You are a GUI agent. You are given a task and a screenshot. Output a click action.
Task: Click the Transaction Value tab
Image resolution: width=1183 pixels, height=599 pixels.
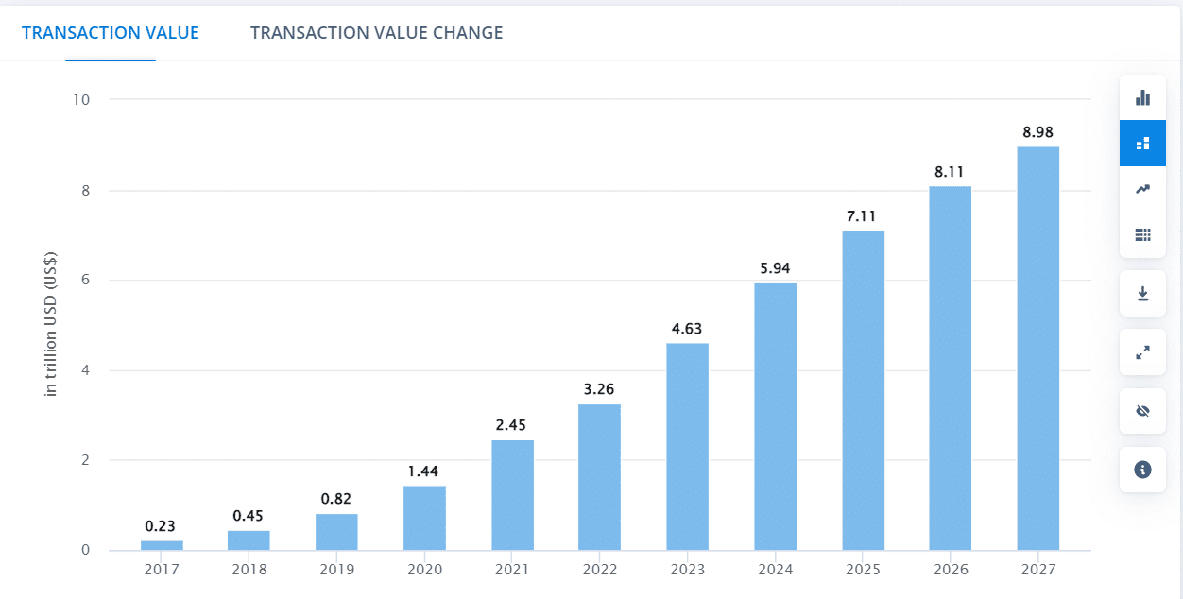pos(111,33)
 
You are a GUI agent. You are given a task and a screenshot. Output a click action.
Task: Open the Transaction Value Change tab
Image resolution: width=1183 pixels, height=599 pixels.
pos(377,33)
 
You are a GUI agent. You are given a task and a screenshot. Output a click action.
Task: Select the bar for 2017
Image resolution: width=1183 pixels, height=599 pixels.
pos(162,545)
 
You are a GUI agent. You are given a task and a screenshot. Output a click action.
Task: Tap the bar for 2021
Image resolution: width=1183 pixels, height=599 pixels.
pos(512,495)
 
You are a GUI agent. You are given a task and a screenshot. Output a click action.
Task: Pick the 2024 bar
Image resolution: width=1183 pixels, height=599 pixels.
pos(776,417)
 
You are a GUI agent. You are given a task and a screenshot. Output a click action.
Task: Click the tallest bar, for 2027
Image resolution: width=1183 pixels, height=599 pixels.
pos(1038,349)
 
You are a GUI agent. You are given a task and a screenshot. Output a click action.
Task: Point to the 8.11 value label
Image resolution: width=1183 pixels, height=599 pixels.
pos(949,172)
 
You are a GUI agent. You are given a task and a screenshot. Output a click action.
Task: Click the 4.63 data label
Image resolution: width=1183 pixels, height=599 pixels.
pos(687,329)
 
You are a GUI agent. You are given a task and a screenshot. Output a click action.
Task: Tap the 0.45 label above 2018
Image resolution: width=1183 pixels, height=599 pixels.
pos(248,516)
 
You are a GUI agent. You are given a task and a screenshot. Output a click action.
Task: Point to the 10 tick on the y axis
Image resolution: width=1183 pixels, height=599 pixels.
pos(81,100)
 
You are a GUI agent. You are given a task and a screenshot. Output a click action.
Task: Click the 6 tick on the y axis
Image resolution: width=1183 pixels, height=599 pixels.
pos(86,280)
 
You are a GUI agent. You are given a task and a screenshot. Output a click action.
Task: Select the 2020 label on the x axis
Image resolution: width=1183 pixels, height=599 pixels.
pos(424,570)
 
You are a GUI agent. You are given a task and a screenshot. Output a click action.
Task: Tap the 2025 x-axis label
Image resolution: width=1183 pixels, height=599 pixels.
pos(863,570)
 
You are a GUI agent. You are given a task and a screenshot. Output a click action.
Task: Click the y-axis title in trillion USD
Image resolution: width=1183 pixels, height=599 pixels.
pos(50,324)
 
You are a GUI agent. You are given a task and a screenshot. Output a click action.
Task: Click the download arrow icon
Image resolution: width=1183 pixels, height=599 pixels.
pos(1143,294)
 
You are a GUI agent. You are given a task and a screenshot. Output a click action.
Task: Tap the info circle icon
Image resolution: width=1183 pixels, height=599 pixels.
pos(1143,470)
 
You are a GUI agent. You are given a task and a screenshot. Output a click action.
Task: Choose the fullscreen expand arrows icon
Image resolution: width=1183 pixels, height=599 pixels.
pos(1143,352)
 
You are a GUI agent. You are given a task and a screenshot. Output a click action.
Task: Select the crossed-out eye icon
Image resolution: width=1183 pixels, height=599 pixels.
pos(1143,411)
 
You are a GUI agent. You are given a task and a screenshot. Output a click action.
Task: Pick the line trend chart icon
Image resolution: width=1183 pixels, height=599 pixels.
pos(1143,189)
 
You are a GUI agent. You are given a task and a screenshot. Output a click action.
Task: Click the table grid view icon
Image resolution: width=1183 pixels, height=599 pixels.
pos(1143,234)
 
